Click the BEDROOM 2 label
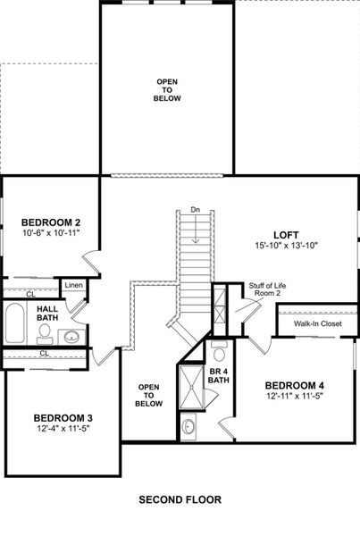52,222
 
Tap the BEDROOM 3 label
63,417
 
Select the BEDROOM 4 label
295,386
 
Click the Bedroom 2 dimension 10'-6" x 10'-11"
52,234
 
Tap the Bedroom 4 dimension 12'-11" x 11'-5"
295,398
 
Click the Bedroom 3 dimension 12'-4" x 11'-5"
63,430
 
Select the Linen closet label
72,285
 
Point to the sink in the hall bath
71,337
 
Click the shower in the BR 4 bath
191,386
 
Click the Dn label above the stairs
196,211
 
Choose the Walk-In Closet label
318,323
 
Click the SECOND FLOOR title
180,499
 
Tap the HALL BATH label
46,312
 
